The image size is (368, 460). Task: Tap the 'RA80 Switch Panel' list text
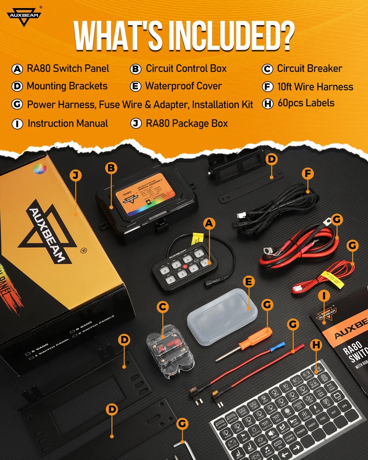68,69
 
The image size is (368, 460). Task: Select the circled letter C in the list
268,69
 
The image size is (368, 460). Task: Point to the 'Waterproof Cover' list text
184,86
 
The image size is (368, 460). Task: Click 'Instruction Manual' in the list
68,123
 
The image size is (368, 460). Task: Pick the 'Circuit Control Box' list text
186,69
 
